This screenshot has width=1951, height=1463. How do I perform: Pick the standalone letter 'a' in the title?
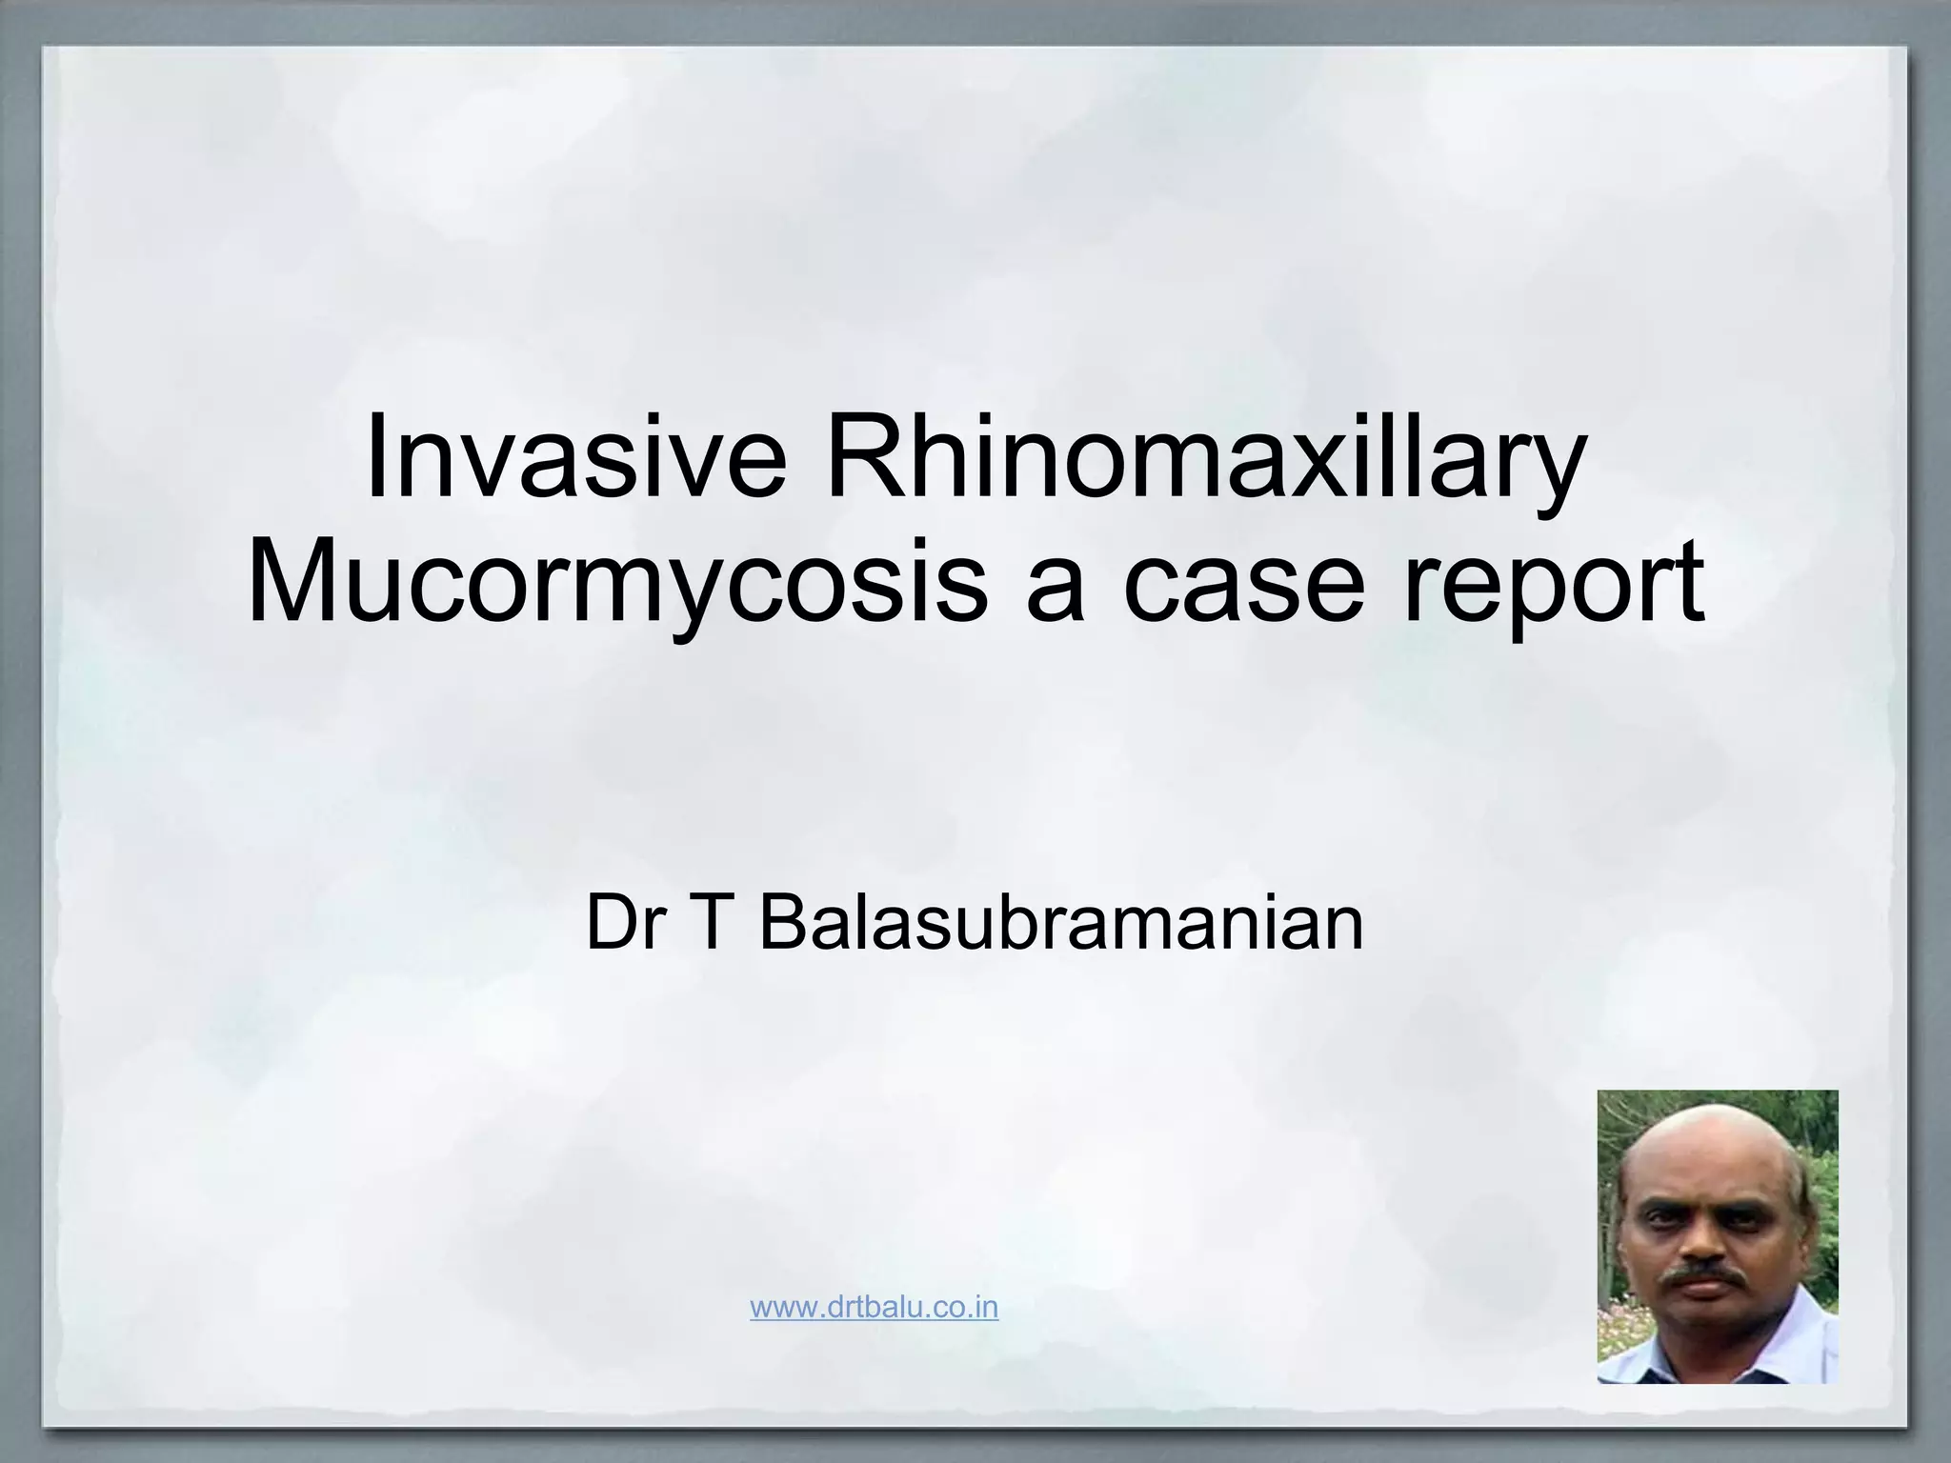(1057, 588)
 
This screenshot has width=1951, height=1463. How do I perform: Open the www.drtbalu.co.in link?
(874, 1307)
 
